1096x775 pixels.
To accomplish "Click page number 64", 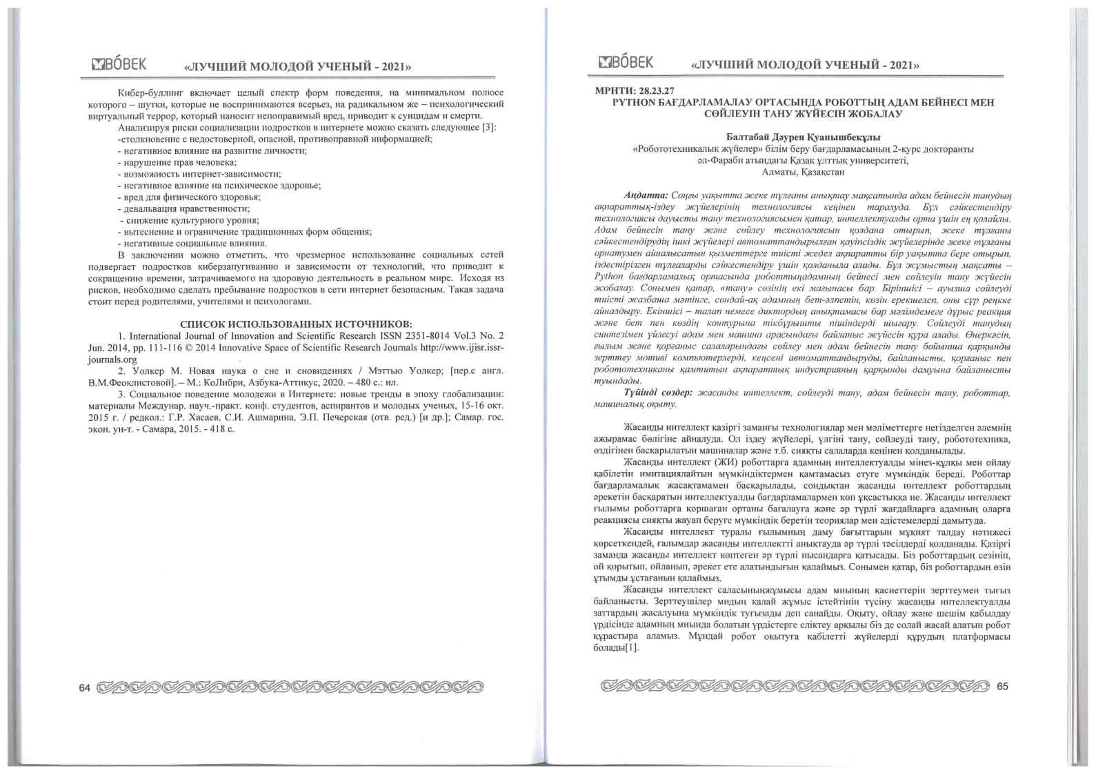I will coord(85,687).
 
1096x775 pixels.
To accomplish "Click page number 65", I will coord(1002,686).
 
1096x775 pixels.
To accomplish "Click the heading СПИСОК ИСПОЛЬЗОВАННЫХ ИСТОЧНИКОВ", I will coord(296,324).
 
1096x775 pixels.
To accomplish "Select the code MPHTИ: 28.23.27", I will coord(635,91).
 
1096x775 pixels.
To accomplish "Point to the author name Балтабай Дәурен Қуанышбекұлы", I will coord(803,137).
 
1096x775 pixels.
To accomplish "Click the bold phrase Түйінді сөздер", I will coord(658,392).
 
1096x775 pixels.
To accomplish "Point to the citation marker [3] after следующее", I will coord(490,128).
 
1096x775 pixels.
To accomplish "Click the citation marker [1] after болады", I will coord(630,647).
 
